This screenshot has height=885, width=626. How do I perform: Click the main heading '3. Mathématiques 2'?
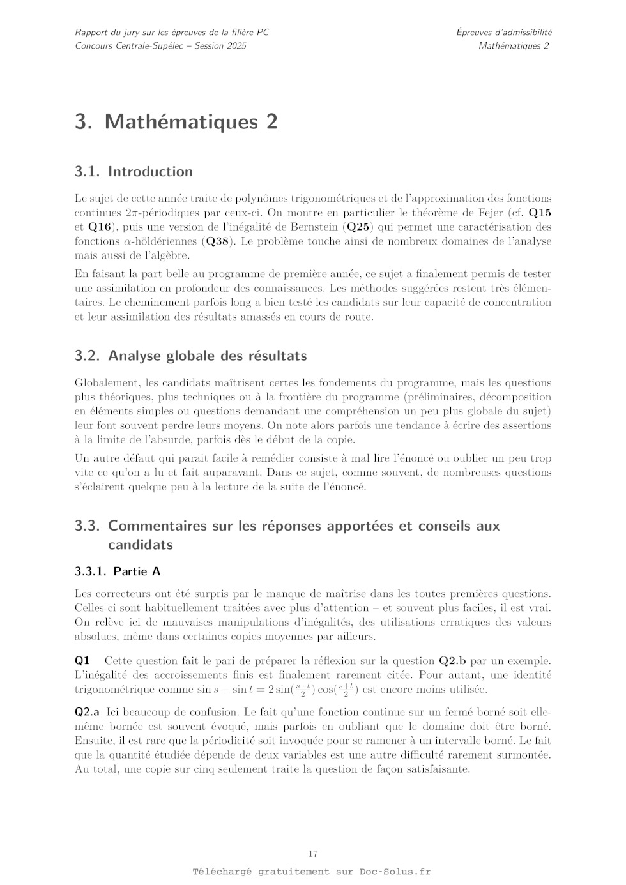[x=176, y=121]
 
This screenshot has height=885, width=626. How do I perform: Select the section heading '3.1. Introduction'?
[x=134, y=171]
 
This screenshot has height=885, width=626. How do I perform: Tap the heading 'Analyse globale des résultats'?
[x=207, y=356]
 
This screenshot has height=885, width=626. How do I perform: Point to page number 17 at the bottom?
[x=313, y=854]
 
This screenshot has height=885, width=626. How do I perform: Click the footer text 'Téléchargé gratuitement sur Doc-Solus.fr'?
[x=312, y=872]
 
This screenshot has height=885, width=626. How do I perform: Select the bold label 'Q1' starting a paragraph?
[x=82, y=661]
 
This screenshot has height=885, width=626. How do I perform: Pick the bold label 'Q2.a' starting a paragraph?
[x=87, y=712]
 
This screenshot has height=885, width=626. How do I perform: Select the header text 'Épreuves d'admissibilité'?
[x=504, y=32]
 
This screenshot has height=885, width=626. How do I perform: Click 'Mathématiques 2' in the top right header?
[x=514, y=45]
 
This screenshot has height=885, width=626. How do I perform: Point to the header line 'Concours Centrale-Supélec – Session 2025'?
[x=160, y=45]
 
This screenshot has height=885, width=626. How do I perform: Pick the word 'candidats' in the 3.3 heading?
[x=141, y=545]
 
